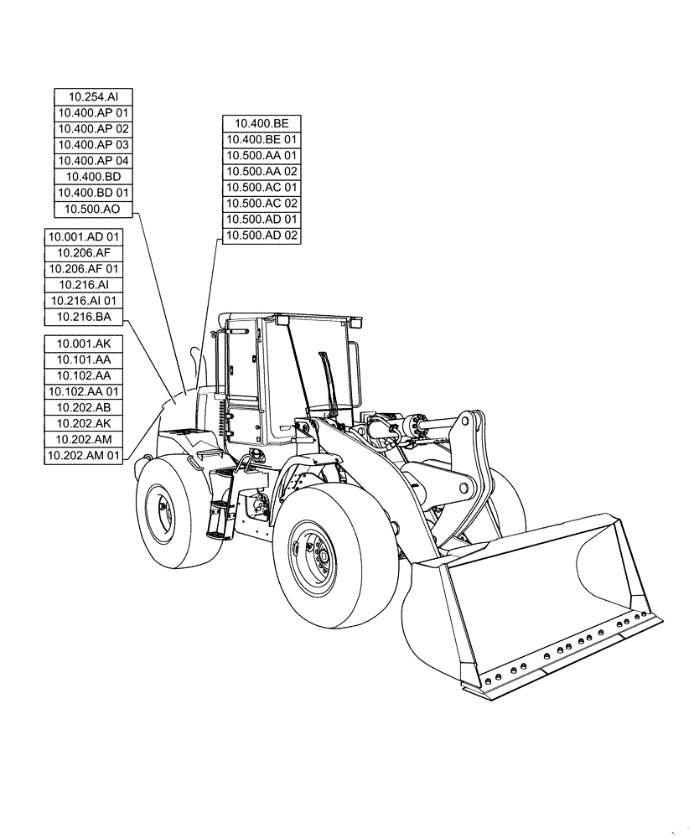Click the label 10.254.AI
93,97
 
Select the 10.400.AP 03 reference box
93,145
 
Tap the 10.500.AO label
93,209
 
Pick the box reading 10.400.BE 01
262,140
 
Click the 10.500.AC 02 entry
262,204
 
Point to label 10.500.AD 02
262,235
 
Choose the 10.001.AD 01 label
84,237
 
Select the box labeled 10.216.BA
84,317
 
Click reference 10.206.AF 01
84,269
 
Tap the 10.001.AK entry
84,344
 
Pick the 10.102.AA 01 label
84,391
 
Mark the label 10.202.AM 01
84,456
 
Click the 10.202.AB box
84,408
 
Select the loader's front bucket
536,603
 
